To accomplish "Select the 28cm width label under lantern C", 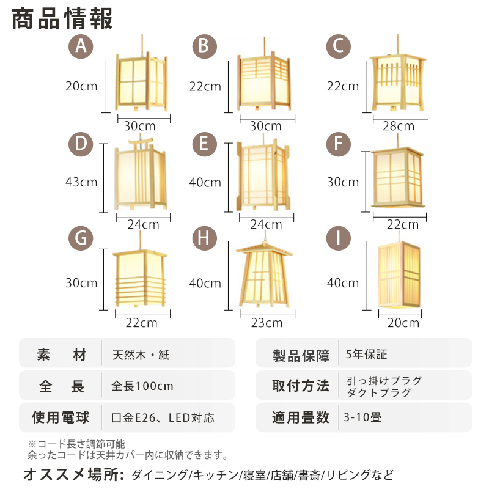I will tap(398, 127).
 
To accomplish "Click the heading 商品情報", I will tap(62, 19).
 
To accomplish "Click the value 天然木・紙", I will tap(141, 355).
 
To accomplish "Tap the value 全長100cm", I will tap(142, 386).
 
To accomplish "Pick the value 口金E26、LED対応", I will tap(163, 418).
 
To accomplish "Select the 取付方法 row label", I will tap(300, 386).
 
